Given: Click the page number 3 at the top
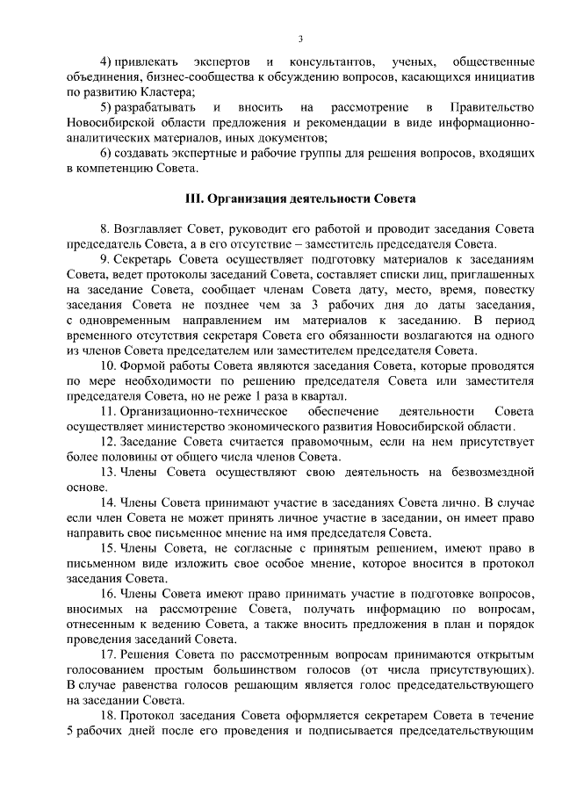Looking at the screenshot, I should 300,39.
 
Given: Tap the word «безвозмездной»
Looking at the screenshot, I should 484,473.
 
